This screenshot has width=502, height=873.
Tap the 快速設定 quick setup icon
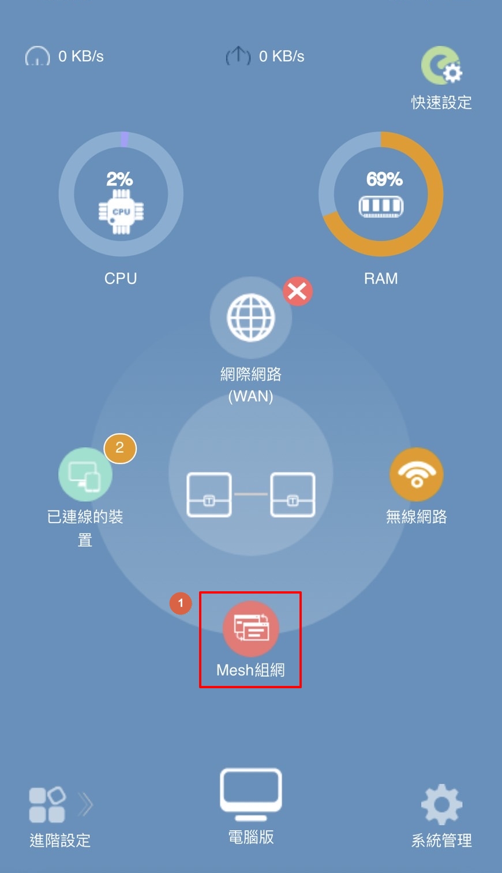(441, 65)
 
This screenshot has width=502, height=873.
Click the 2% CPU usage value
(119, 179)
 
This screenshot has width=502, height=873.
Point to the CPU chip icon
(121, 212)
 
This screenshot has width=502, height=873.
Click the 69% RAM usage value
(384, 179)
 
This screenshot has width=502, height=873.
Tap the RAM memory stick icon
(381, 206)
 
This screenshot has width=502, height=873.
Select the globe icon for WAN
(251, 318)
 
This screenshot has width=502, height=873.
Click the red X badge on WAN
(298, 291)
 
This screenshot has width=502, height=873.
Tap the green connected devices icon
(85, 474)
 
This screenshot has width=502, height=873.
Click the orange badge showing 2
(120, 448)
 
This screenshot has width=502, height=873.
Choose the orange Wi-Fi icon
(417, 474)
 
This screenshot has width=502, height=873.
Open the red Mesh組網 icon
(251, 628)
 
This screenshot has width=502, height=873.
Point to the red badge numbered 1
(180, 603)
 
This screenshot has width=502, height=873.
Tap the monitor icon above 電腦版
(251, 793)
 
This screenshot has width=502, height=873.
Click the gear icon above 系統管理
(441, 804)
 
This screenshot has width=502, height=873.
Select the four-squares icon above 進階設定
(47, 804)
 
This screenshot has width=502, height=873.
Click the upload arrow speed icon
(238, 56)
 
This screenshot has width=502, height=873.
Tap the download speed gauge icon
(38, 56)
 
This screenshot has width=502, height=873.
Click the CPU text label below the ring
(121, 278)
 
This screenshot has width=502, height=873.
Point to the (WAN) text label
(250, 396)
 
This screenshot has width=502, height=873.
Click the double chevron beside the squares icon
(85, 804)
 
